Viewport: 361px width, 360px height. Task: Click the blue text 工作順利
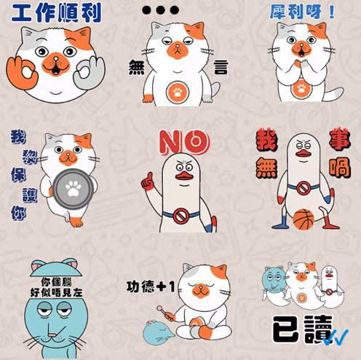(x=56, y=13)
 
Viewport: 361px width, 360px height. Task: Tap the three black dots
(x=160, y=10)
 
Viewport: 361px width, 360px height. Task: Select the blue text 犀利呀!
(x=303, y=12)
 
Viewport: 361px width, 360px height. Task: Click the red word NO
(x=184, y=142)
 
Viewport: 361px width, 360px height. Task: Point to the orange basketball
(x=304, y=219)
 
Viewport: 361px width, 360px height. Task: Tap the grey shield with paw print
(x=73, y=189)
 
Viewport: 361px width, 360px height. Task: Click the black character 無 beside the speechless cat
(x=137, y=67)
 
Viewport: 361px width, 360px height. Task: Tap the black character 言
(x=221, y=67)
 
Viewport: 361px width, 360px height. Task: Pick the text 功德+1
(x=151, y=287)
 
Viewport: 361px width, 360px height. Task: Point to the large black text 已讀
(x=303, y=329)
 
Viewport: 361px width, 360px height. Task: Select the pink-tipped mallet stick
(x=164, y=313)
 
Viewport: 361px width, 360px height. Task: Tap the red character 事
(x=340, y=140)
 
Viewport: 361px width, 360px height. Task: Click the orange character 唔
(x=340, y=168)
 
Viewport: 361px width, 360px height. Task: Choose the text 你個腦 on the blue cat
(x=56, y=282)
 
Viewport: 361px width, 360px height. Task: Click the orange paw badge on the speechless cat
(x=178, y=92)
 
